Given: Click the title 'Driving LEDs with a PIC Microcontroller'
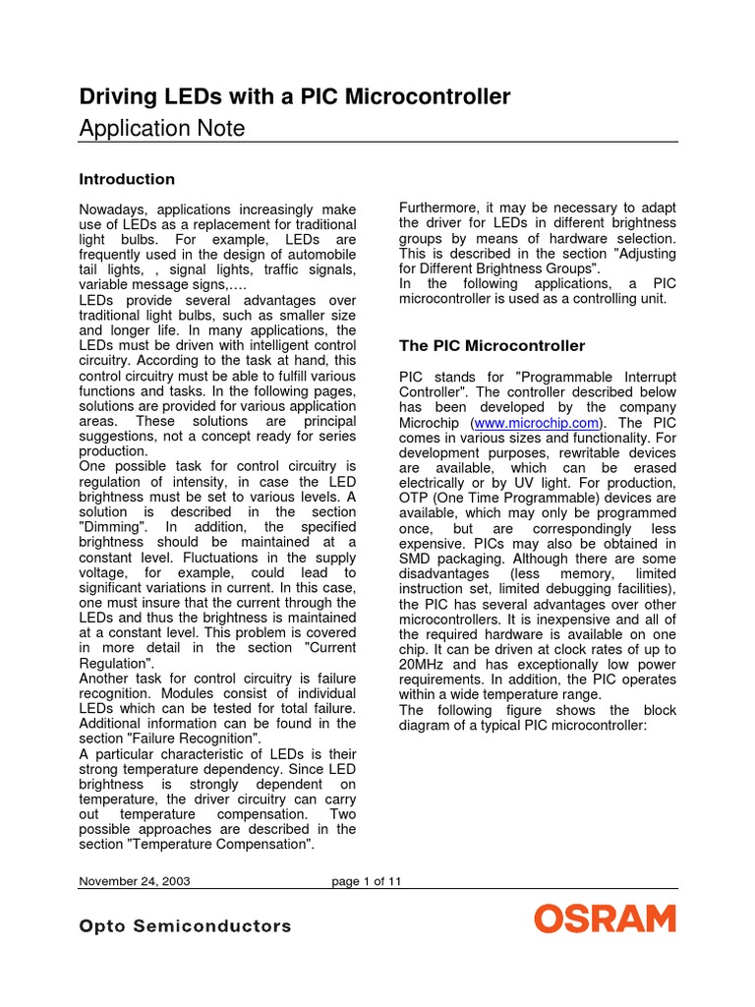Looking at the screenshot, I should (294, 96).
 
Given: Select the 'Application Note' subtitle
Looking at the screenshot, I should (161, 128).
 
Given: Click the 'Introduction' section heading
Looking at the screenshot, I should (126, 179).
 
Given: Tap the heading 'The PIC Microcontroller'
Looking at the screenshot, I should (492, 346).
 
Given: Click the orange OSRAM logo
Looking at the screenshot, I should (605, 920).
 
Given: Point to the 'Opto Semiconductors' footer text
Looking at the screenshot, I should (185, 926).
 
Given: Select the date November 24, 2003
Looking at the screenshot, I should (134, 881).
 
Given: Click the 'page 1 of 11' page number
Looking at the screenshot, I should (367, 881).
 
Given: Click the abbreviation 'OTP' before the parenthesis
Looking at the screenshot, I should (415, 498).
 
